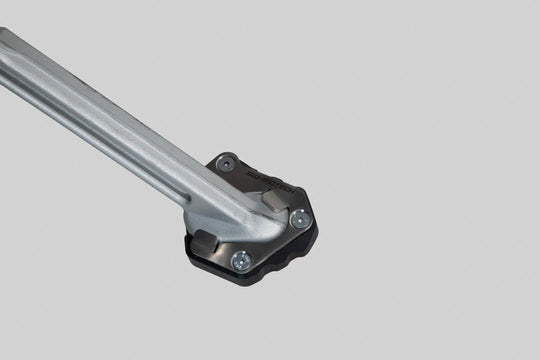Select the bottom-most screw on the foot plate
[x=240, y=260]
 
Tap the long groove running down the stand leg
[x=110, y=125]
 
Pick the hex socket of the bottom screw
[x=240, y=260]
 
